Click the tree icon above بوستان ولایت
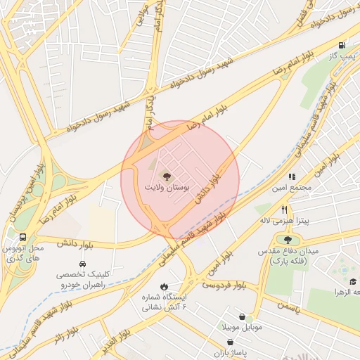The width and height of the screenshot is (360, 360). (166, 176)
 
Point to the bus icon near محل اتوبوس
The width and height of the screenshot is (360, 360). (23, 238)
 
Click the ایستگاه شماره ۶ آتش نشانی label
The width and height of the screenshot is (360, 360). (165, 302)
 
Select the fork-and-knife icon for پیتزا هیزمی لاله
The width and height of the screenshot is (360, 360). (284, 210)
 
